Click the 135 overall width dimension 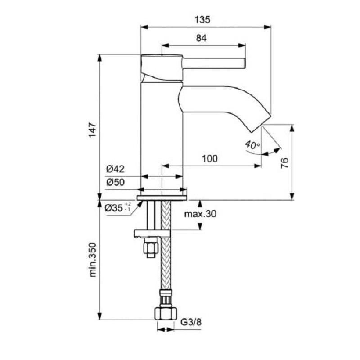click(x=202, y=19)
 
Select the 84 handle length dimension click(x=201, y=38)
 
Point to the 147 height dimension click(x=93, y=130)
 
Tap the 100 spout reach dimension click(x=210, y=158)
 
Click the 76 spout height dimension click(x=285, y=163)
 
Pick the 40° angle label click(x=252, y=145)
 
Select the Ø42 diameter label click(x=115, y=169)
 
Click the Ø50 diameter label click(x=116, y=182)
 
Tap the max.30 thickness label click(x=200, y=214)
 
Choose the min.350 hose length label click(x=93, y=260)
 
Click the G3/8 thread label click(x=191, y=322)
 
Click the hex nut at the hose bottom click(x=165, y=313)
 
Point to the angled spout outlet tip click(x=261, y=123)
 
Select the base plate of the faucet click(x=162, y=198)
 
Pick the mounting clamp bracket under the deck click(x=152, y=234)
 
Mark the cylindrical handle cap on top click(x=162, y=68)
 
